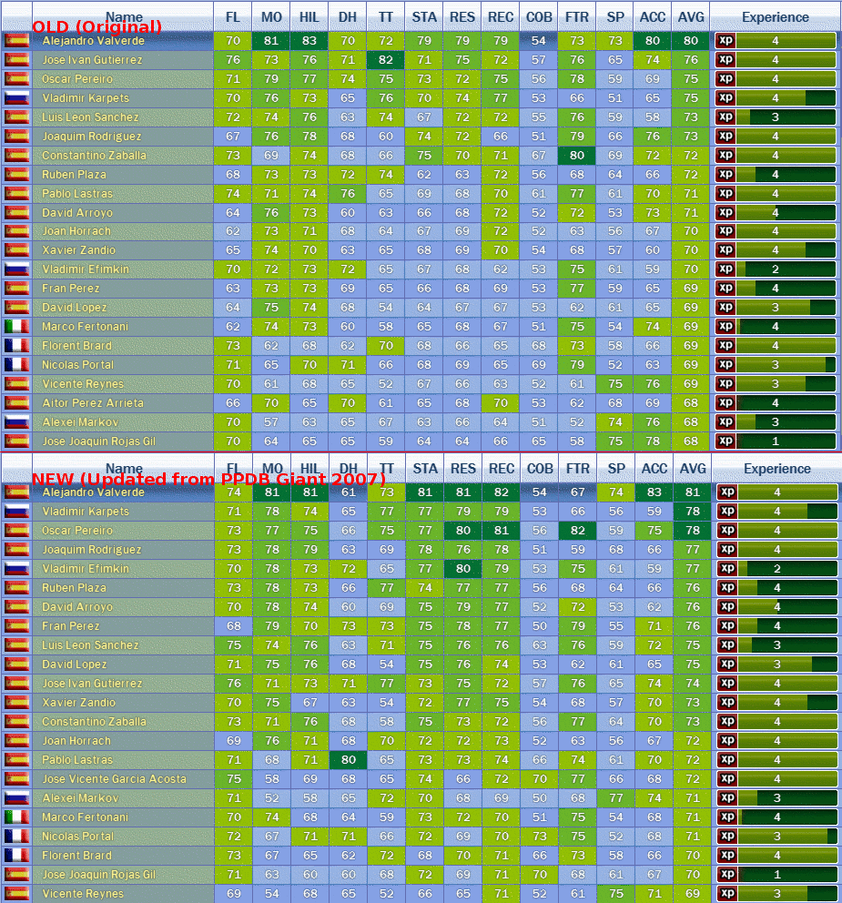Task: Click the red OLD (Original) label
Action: (96, 27)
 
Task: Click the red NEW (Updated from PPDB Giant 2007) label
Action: (208, 479)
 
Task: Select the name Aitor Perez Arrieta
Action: (93, 403)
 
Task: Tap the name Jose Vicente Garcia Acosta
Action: (114, 779)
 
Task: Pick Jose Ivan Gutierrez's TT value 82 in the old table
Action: (386, 60)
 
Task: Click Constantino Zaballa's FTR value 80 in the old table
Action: (576, 156)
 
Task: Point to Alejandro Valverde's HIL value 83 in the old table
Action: (309, 41)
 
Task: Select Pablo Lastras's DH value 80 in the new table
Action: (348, 760)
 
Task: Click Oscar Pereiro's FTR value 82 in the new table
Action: (577, 531)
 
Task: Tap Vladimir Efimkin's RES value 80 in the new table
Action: (463, 569)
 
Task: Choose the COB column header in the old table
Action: (538, 17)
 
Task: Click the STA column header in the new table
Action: (424, 469)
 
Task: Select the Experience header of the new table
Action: (776, 469)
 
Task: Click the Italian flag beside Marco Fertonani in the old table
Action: (16, 327)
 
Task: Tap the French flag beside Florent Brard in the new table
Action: (16, 856)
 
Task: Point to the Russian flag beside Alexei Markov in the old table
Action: (16, 422)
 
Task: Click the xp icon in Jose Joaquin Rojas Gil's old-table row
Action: (725, 441)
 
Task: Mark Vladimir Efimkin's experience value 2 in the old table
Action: (776, 269)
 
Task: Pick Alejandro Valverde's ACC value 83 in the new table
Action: (653, 492)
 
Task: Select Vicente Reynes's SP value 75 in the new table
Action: (615, 894)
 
